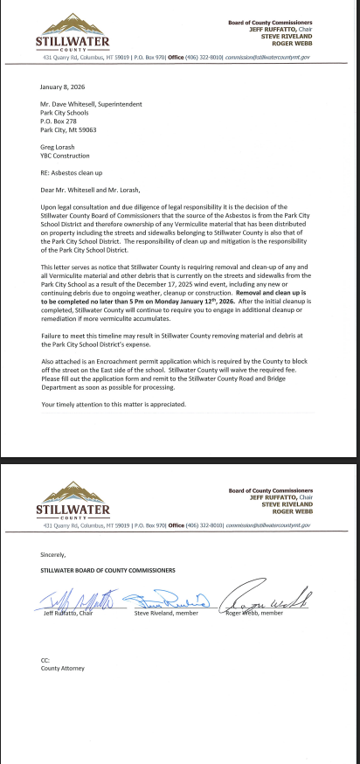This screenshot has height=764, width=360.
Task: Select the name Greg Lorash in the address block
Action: [58, 148]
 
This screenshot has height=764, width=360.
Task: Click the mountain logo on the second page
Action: [72, 492]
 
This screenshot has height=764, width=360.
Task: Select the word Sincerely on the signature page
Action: [53, 554]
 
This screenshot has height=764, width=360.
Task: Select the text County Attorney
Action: [63, 669]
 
